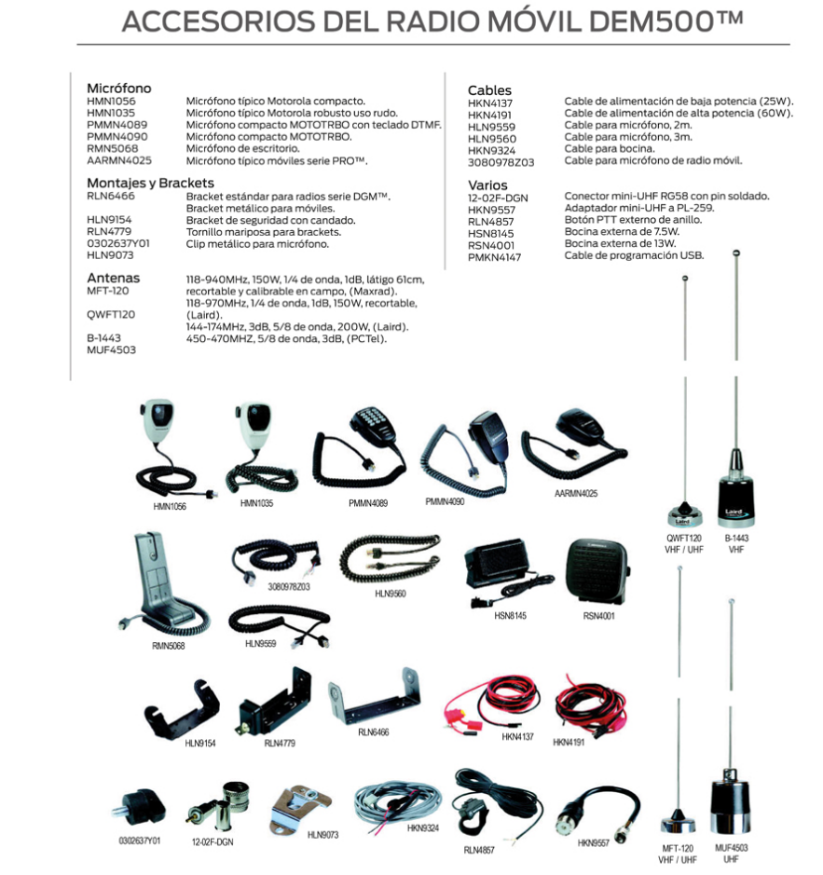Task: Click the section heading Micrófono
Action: pos(119,89)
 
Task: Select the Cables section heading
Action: pos(489,90)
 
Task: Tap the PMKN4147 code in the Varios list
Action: pos(494,257)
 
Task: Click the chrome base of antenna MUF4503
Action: pos(730,803)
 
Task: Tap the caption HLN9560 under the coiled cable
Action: pos(391,594)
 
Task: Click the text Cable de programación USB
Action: pos(634,255)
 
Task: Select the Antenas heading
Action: pos(114,278)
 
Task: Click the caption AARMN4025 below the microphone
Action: pos(576,493)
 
